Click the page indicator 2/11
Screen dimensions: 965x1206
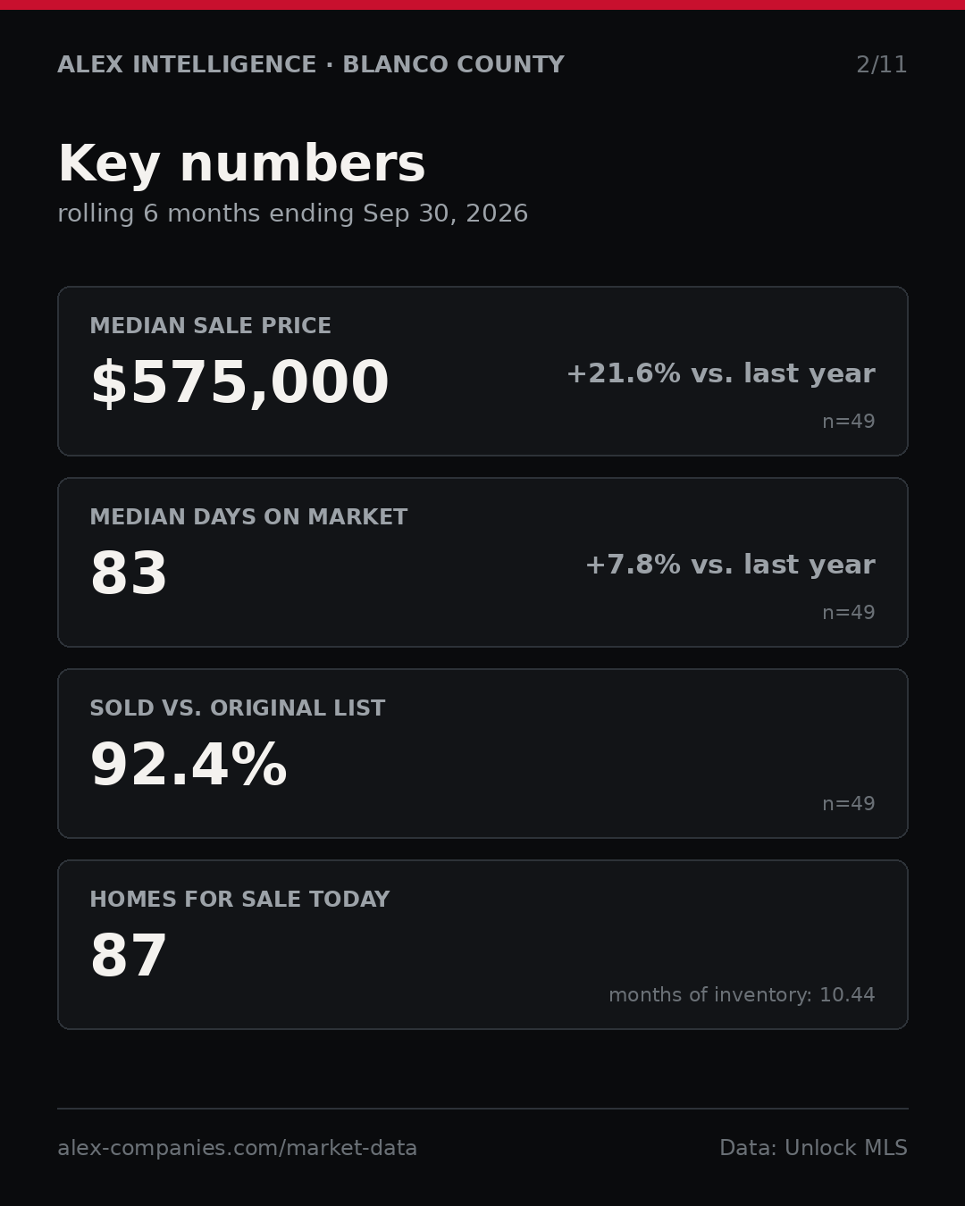tap(881, 65)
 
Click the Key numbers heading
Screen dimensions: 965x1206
tap(241, 163)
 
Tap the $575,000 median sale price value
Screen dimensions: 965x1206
tap(239, 382)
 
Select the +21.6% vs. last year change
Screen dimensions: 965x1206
tap(721, 373)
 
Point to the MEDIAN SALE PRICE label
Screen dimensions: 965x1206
tap(210, 325)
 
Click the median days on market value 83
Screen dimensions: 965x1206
tap(129, 573)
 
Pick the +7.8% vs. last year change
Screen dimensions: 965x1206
tap(731, 565)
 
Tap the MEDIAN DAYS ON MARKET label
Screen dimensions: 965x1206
tap(248, 516)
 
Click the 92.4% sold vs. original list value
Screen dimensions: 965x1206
tap(189, 765)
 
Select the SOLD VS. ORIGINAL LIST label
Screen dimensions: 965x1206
tap(237, 708)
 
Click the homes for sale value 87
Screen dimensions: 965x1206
tap(129, 956)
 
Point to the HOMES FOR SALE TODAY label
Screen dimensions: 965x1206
tap(239, 899)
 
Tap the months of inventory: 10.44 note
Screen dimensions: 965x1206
tap(742, 994)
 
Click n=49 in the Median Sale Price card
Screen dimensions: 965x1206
tap(848, 422)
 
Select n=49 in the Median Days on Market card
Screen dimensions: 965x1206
tap(848, 613)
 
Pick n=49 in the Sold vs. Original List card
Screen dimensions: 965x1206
tap(848, 804)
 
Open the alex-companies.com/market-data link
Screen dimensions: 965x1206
tap(237, 1148)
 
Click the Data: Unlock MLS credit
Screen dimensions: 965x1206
tap(813, 1148)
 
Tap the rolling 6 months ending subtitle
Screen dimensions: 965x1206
tap(293, 214)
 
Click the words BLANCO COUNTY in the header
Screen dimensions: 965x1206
tap(453, 64)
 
